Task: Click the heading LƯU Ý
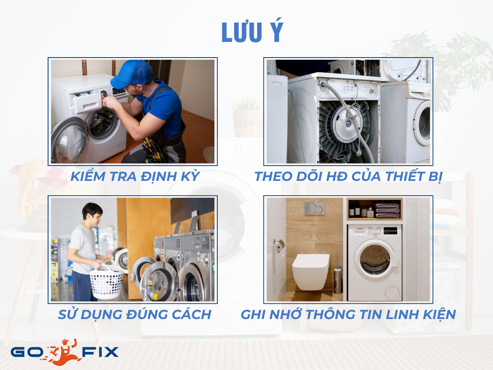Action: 252,32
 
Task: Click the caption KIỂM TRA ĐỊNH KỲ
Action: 135,176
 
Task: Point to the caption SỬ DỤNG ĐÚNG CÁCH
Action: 134,314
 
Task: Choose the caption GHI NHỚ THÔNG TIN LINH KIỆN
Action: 348,314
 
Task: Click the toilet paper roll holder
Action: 279,245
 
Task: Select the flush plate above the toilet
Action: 314,208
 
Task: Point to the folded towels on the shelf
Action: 387,210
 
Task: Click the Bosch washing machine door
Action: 374,260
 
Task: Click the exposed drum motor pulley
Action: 347,123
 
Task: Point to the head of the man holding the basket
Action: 92,213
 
